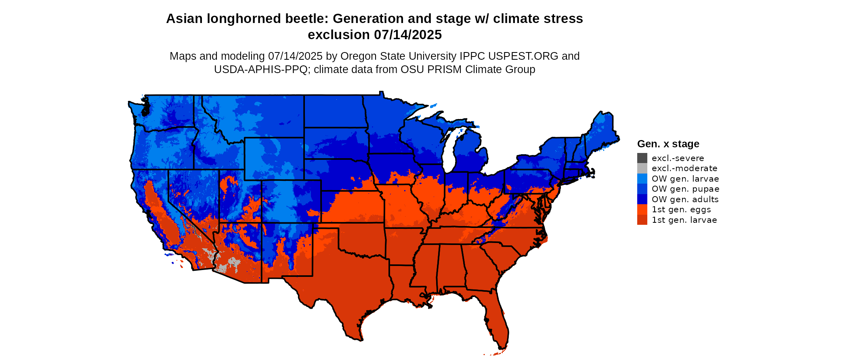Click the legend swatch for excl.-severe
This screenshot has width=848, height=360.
[642, 158]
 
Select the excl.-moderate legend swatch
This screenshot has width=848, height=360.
[642, 168]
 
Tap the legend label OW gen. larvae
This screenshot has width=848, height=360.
[685, 179]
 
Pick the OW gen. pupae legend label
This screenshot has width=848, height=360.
[685, 189]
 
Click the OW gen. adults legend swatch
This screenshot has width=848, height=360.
[642, 199]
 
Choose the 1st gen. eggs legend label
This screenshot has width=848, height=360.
[681, 209]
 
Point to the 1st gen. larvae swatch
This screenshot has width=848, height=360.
[642, 220]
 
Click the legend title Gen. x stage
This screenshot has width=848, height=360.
[668, 144]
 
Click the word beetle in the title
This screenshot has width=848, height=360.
[307, 19]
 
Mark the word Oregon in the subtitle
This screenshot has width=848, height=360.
[356, 56]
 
